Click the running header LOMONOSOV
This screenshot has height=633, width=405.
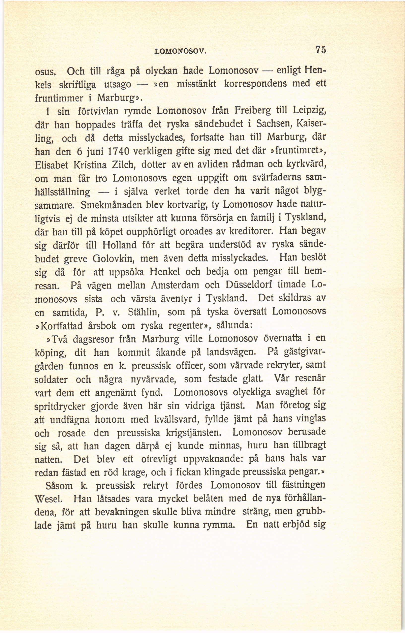tap(180, 51)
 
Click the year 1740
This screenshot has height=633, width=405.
tap(118, 152)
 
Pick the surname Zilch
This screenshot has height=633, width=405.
tap(124, 165)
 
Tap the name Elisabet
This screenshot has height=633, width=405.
tap(52, 165)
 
